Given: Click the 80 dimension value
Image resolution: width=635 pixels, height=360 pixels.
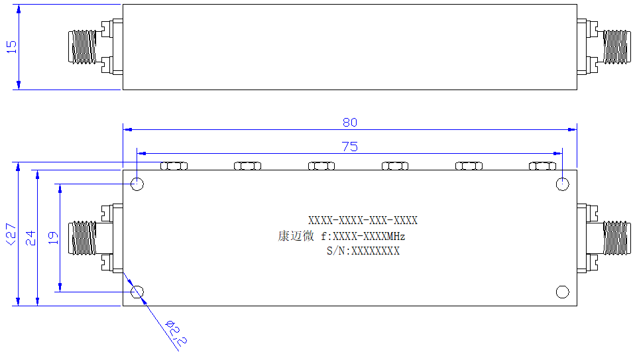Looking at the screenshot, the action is [350, 122].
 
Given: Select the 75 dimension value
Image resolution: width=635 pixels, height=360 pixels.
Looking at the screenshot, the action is [350, 147].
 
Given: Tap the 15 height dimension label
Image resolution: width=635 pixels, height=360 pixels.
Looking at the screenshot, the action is [12, 47].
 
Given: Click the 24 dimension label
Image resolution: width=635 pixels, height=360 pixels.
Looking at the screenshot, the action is [30, 238].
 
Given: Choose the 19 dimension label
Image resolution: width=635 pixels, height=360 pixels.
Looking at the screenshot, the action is [54, 238].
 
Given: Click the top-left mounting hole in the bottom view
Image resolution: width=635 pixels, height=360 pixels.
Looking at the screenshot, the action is [137, 184].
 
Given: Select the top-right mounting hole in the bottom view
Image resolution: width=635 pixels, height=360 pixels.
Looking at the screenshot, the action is [563, 184].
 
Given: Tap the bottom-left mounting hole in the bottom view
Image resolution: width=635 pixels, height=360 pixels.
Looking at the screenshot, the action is [137, 292].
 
